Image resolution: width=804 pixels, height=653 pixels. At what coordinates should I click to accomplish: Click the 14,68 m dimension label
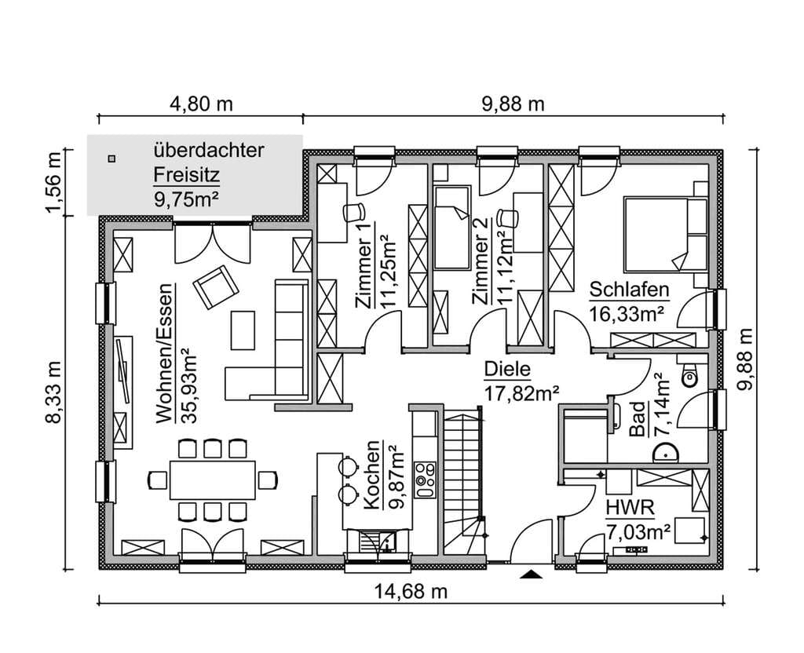point(410,592)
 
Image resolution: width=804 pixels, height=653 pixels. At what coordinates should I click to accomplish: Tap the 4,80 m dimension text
point(201,104)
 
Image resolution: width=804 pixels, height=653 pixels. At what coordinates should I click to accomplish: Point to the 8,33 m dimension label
point(53,392)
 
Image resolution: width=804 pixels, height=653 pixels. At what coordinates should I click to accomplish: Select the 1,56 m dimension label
point(53,182)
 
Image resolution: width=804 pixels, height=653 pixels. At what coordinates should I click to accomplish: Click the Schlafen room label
point(629,290)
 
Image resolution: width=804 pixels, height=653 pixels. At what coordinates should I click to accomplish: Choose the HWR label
point(630,509)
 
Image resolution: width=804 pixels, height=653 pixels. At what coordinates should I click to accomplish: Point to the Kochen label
point(372,475)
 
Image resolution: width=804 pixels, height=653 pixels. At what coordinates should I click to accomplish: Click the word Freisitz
point(187,175)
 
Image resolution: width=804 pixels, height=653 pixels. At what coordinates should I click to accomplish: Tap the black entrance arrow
point(532,574)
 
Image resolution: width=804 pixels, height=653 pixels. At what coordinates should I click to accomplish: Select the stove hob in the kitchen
point(425,480)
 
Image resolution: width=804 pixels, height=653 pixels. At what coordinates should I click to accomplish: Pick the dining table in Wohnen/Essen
point(213,480)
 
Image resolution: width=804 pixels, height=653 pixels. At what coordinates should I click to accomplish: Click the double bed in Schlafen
point(665,234)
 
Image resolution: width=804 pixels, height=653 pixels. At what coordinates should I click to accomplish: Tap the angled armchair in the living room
point(215,287)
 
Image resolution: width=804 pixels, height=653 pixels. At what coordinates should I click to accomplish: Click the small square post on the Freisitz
point(111,159)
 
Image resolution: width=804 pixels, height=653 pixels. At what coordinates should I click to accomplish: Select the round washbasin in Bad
point(667,453)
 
